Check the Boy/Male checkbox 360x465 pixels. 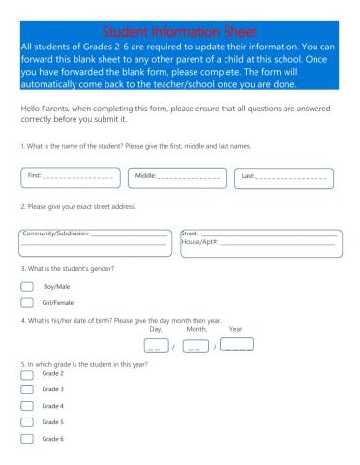[x=27, y=287]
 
